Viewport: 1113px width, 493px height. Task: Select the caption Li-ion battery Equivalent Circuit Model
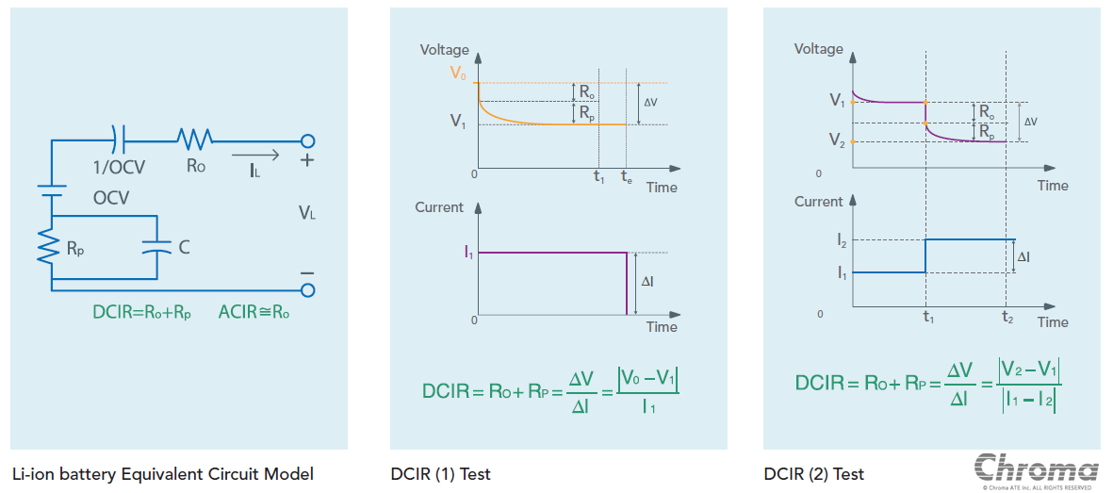click(x=163, y=474)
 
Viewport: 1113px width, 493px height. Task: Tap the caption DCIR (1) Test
click(x=440, y=474)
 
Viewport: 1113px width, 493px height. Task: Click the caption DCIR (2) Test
click(x=813, y=474)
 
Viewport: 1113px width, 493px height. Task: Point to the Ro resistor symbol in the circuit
click(x=194, y=140)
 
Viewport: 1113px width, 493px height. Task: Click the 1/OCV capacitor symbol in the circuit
click(x=118, y=140)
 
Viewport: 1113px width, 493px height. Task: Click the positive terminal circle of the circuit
click(x=307, y=141)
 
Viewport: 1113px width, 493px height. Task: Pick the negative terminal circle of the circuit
click(x=307, y=290)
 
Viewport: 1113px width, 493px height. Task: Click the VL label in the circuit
click(x=307, y=214)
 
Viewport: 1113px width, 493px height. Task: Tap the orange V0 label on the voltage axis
click(x=458, y=73)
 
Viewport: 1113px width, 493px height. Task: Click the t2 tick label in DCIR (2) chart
click(x=1007, y=318)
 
